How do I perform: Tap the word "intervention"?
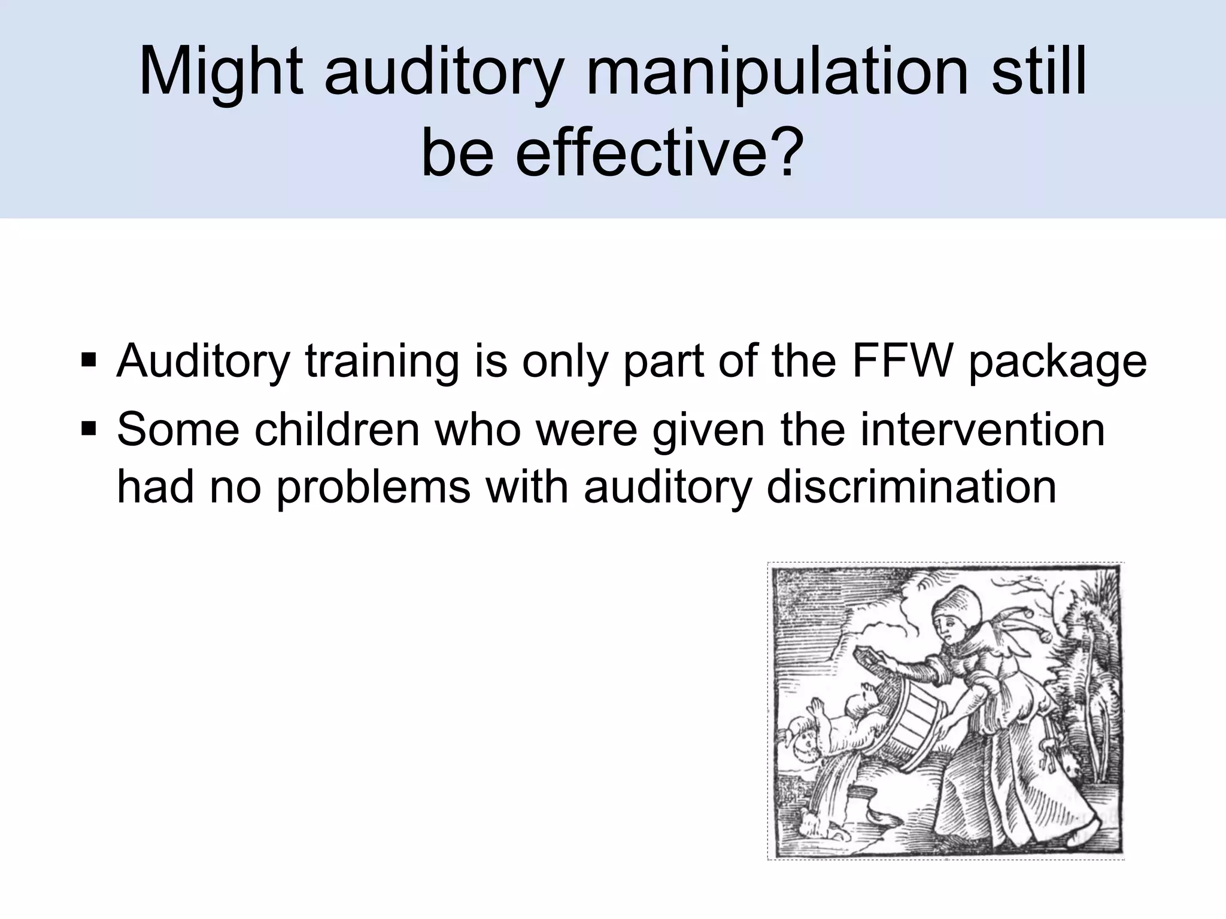(x=982, y=429)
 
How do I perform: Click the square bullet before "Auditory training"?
(x=89, y=362)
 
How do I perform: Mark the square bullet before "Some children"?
(x=89, y=429)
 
